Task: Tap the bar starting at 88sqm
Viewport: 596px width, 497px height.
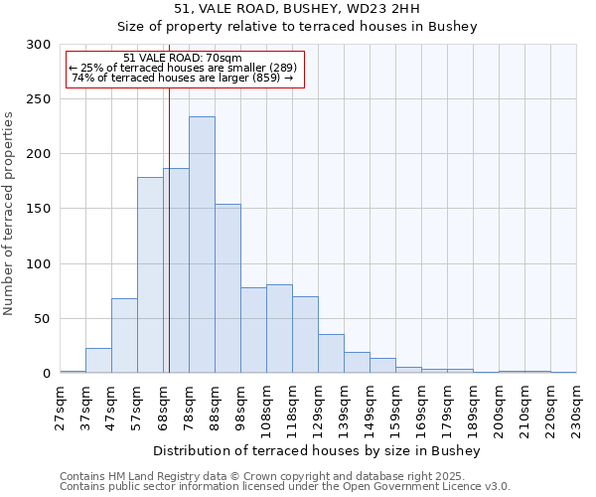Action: click(227, 288)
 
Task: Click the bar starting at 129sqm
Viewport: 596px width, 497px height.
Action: click(331, 354)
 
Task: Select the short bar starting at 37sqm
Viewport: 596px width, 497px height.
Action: click(98, 361)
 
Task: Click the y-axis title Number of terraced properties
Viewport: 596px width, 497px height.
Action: click(10, 213)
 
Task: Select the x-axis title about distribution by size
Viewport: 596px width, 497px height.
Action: click(317, 451)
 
